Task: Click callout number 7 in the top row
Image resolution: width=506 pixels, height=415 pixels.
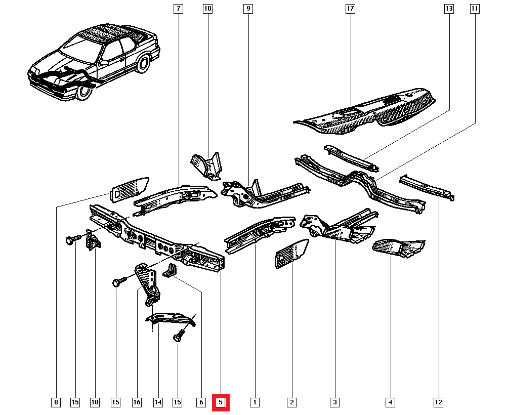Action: point(178,9)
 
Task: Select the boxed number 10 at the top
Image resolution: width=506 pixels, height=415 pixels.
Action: point(207,9)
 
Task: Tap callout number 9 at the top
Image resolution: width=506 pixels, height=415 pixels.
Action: point(247,9)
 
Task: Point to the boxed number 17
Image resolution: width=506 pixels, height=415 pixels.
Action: point(350,9)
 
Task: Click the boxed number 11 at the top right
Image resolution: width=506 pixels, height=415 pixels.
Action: point(474,9)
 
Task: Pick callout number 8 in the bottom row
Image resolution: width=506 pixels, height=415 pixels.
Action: point(56,402)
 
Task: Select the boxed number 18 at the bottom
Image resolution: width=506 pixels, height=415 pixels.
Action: point(95,402)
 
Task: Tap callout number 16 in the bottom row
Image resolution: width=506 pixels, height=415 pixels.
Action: point(137,402)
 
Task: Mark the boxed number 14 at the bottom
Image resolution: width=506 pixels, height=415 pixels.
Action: point(158,402)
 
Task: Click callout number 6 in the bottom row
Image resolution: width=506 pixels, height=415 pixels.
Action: point(200,402)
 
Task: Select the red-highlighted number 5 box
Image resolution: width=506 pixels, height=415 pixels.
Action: point(221,402)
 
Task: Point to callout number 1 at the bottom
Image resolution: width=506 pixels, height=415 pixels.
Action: point(255,402)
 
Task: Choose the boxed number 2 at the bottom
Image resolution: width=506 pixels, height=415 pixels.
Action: point(291,402)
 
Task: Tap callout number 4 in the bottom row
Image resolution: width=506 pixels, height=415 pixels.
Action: point(390,402)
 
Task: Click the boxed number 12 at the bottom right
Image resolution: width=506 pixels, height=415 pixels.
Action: point(438,402)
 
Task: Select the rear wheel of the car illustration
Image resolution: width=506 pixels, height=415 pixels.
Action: point(143,64)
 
